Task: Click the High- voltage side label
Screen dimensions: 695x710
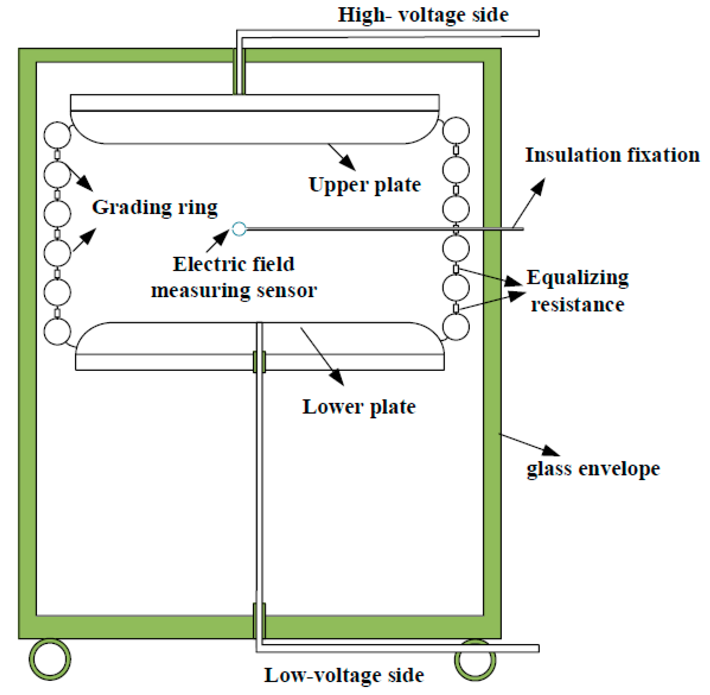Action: (423, 15)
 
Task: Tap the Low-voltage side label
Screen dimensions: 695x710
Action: (344, 675)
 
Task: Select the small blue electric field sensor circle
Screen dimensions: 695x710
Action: (239, 229)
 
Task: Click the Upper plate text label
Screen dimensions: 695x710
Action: (365, 185)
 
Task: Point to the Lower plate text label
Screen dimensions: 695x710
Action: (359, 407)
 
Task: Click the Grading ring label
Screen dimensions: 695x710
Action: (155, 207)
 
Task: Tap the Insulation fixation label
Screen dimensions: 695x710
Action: (612, 155)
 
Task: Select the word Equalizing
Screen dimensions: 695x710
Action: (577, 277)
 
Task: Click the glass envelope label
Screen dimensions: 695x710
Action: (593, 469)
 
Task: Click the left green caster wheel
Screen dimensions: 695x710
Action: (50, 659)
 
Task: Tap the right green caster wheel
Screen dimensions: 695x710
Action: (475, 660)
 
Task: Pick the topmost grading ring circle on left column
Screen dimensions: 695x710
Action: (57, 135)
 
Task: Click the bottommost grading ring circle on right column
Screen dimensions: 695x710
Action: (456, 327)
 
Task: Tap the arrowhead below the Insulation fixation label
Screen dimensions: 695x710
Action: (539, 185)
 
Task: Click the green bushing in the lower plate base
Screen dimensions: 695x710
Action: (259, 361)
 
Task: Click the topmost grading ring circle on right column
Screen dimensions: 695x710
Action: (456, 130)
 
